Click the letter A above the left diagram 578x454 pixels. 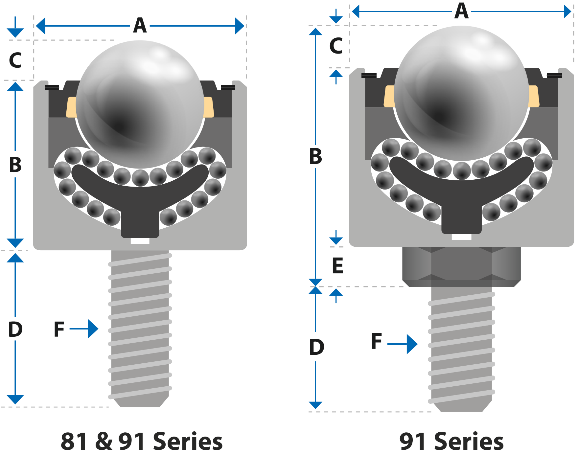tap(140, 26)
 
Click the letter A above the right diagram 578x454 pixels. tap(462, 11)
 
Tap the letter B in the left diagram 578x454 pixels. tap(15, 165)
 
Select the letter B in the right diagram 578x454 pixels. tap(316, 156)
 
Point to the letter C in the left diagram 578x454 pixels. tap(15, 60)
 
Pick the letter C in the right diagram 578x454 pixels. tap(336, 46)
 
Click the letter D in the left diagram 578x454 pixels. tap(15, 329)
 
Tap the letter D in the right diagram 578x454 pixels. tap(317, 347)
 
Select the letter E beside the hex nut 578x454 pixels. tap(338, 265)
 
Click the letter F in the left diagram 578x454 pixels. tap(59, 329)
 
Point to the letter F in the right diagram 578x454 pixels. tap(377, 341)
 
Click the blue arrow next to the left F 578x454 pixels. tap(84, 329)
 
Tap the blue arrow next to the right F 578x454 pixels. tap(403, 344)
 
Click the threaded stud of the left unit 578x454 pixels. tap(140, 329)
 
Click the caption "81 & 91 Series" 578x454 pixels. tap(142, 441)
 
